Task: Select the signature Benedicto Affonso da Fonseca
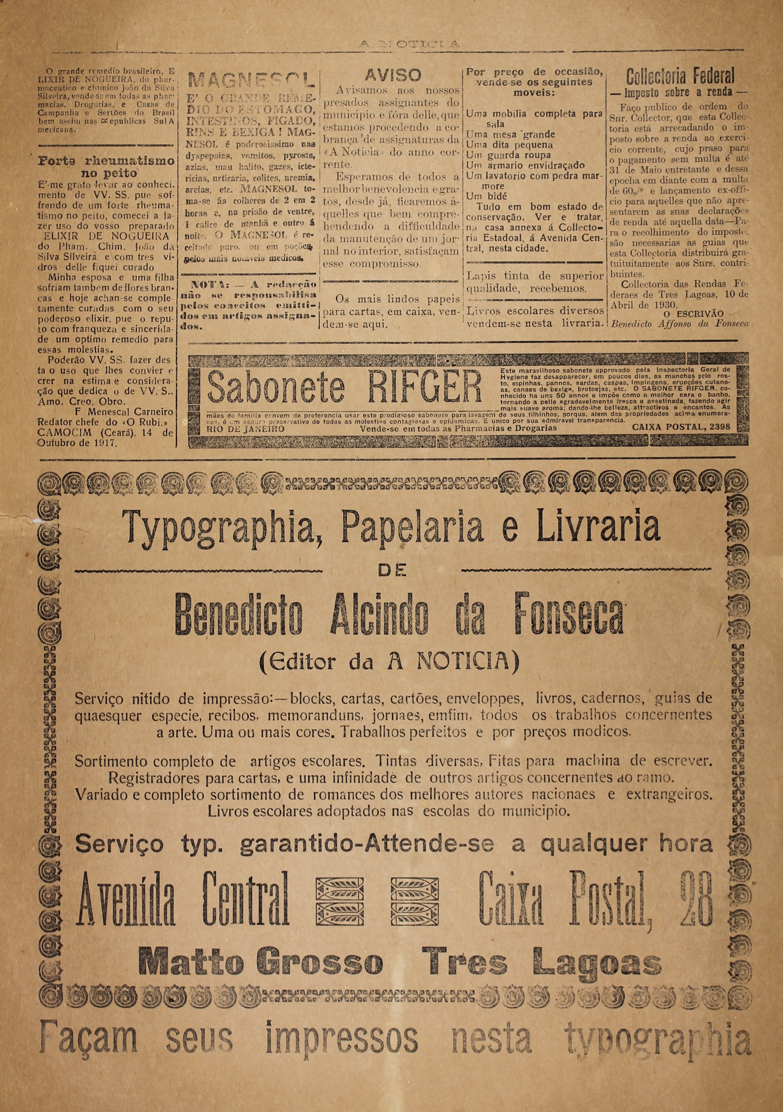tap(680, 324)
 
